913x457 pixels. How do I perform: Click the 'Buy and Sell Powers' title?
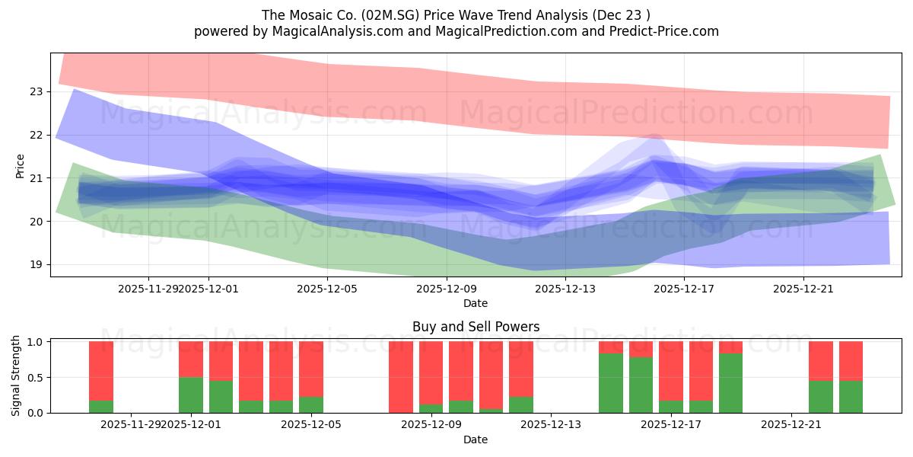(476, 327)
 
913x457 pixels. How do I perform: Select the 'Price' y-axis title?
(21, 166)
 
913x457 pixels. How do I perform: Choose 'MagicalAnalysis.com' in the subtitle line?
(316, 31)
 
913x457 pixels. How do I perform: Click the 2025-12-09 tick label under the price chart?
(446, 289)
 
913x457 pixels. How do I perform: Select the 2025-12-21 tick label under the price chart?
(803, 289)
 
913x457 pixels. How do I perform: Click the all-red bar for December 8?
(401, 377)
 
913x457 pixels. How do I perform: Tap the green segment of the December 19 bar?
(730, 383)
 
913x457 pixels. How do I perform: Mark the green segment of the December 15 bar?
(611, 383)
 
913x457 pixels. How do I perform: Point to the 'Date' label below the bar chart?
(476, 439)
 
